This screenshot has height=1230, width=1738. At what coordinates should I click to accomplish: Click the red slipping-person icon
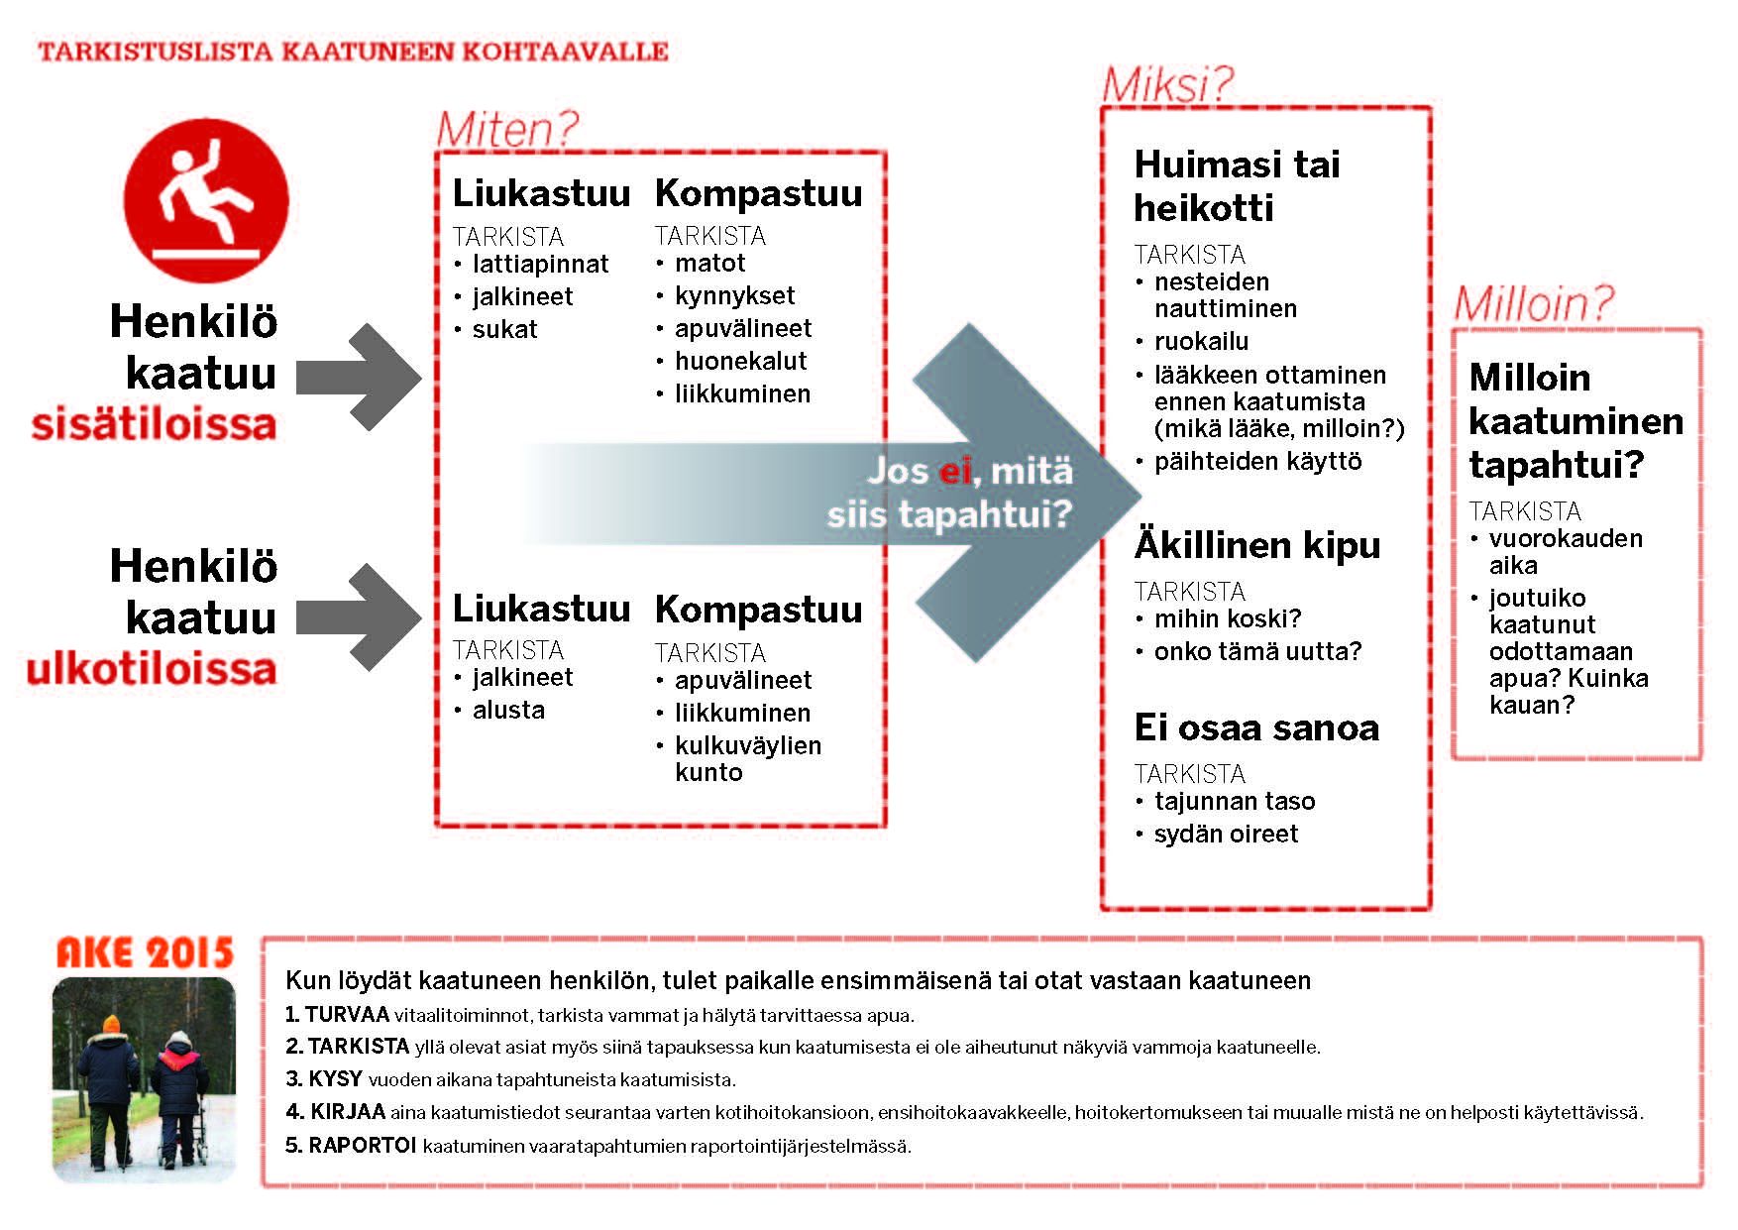point(206,200)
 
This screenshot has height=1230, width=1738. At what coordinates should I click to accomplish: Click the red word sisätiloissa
point(154,424)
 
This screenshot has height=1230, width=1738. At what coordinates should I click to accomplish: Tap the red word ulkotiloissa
point(151,669)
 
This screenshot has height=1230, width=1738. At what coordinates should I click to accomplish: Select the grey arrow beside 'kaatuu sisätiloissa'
point(358,377)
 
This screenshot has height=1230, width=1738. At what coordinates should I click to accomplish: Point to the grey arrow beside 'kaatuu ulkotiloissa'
point(358,617)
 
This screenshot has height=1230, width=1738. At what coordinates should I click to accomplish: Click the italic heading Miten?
point(506,130)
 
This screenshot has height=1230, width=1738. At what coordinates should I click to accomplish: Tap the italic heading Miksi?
point(1167,84)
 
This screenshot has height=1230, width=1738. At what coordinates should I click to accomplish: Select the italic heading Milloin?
point(1533,303)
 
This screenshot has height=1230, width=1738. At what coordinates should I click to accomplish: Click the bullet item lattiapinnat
point(540,265)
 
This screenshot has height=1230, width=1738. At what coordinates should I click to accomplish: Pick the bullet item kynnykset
point(734,295)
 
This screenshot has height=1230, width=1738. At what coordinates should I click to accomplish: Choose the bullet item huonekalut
point(740,361)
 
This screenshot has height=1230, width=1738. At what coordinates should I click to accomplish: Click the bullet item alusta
point(508,710)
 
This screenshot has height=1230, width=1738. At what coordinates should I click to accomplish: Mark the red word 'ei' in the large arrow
point(954,471)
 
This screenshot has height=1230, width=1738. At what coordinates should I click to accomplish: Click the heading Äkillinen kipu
point(1256,545)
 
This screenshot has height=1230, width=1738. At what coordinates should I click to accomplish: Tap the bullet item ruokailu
point(1201,341)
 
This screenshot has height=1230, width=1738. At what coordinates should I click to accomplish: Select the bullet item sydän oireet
point(1226,834)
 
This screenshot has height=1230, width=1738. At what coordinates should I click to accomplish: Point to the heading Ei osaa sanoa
point(1256,727)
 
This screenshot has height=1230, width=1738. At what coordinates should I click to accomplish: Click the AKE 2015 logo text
point(145,952)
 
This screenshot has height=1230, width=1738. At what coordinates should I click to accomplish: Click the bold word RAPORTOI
point(362,1146)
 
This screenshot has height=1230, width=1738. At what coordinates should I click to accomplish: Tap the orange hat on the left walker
point(111,1023)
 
